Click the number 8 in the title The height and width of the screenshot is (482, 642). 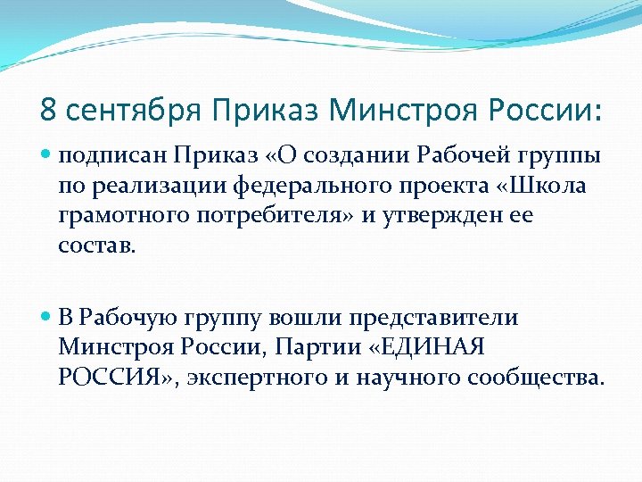point(48,111)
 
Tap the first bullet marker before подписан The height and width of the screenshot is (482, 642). point(47,155)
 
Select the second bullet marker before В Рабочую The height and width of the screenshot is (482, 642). point(47,318)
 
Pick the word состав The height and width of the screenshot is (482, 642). point(97,245)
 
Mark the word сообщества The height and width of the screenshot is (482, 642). point(530,378)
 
